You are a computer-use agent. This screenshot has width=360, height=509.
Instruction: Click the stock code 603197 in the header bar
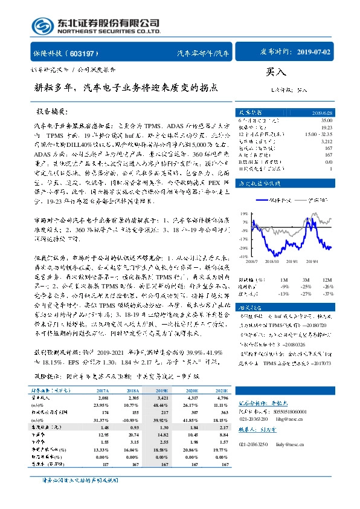click(x=85, y=53)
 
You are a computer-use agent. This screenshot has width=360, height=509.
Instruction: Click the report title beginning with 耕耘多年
click(x=125, y=88)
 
